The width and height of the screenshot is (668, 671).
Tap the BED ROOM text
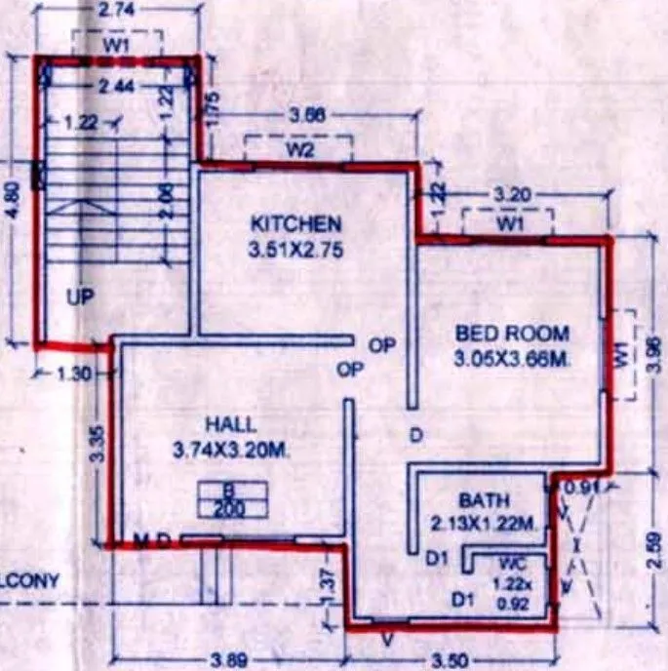[x=512, y=334]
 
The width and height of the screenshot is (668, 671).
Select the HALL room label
[x=231, y=424]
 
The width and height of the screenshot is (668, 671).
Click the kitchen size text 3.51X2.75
[x=295, y=251]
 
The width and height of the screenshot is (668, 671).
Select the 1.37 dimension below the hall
[x=330, y=581]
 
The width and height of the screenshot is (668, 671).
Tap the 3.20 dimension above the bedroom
[x=514, y=195]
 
